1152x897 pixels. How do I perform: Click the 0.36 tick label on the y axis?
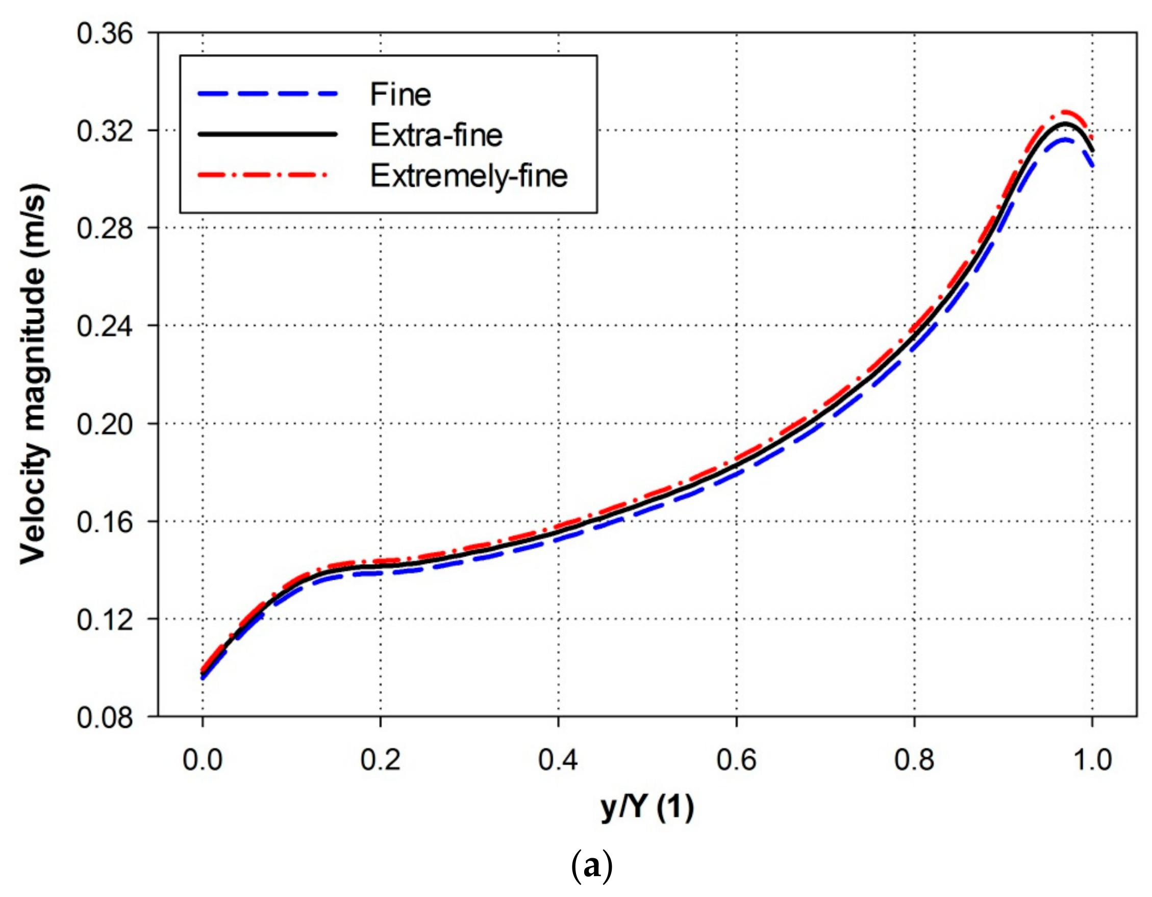105,34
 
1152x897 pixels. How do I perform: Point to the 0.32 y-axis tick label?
105,131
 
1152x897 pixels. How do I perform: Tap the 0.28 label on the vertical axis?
105,228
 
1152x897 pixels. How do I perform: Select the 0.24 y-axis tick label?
105,326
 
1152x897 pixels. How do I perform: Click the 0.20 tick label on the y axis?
105,424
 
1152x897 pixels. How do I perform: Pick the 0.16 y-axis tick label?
105,522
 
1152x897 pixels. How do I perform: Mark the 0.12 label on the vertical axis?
105,619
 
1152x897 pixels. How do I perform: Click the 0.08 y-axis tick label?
105,717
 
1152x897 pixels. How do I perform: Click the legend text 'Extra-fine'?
436,135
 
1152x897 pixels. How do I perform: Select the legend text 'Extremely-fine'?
469,175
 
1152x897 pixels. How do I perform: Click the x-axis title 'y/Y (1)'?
647,807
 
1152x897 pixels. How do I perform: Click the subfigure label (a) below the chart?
592,866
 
